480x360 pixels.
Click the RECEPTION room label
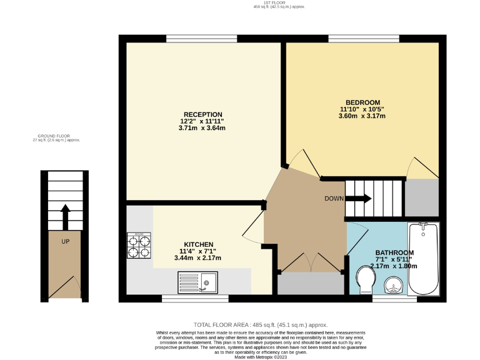pyautogui.click(x=201, y=114)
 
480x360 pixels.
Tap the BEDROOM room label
pyautogui.click(x=362, y=102)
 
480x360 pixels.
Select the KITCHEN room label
pyautogui.click(x=199, y=244)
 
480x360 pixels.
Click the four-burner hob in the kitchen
pyautogui.click(x=139, y=246)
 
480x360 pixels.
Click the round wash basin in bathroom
pyautogui.click(x=394, y=285)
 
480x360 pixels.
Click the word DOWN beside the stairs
pyautogui.click(x=334, y=199)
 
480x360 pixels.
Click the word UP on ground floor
pyautogui.click(x=65, y=241)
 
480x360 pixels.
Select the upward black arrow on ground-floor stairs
pyautogui.click(x=65, y=216)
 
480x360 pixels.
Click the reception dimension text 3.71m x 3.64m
pyautogui.click(x=201, y=128)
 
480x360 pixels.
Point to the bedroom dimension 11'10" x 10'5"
pyautogui.click(x=362, y=109)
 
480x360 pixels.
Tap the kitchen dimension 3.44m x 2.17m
pyautogui.click(x=199, y=257)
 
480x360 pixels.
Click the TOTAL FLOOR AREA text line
pyautogui.click(x=261, y=325)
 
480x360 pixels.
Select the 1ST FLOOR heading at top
pyautogui.click(x=262, y=4)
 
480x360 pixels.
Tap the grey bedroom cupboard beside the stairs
pyautogui.click(x=422, y=197)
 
